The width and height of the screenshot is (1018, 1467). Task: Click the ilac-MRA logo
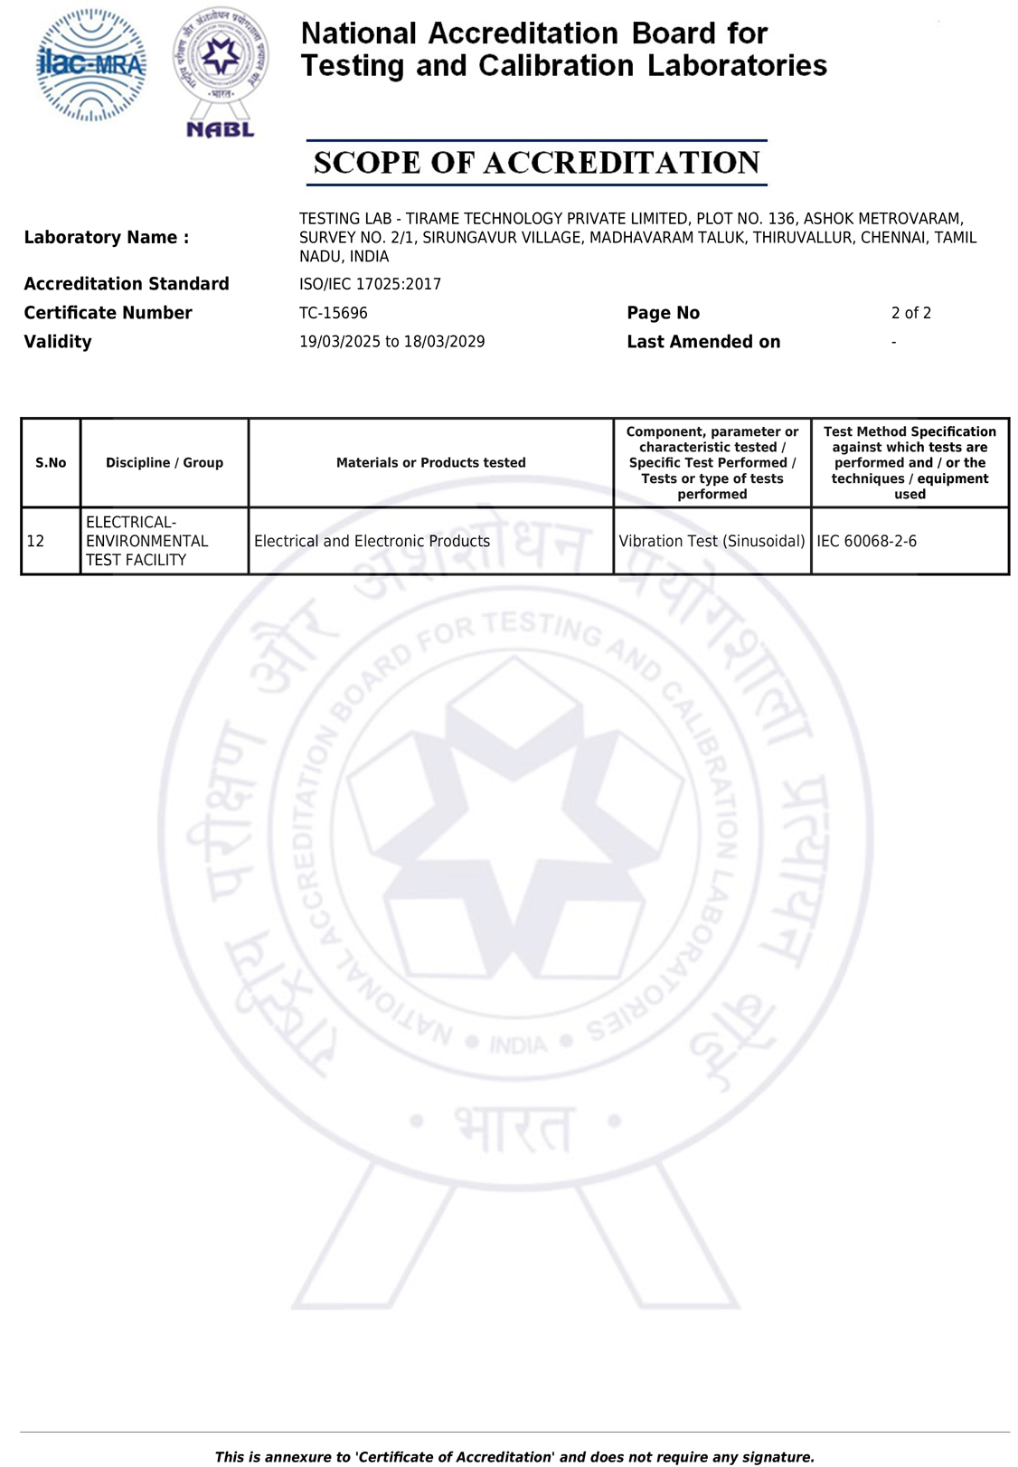[x=90, y=65]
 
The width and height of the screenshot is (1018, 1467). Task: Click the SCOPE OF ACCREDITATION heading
[x=536, y=163]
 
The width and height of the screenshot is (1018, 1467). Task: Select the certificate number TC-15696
[x=334, y=313]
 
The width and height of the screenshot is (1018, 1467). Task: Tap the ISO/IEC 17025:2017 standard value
[x=370, y=284]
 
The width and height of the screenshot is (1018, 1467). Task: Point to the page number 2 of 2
[x=910, y=313]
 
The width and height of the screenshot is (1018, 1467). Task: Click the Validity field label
[x=58, y=342]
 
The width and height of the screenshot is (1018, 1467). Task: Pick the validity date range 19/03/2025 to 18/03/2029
[x=391, y=342]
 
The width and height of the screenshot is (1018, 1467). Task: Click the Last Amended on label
[x=703, y=342]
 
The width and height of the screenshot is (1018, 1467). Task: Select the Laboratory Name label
[x=107, y=238]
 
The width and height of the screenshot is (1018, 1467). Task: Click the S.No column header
[x=51, y=463]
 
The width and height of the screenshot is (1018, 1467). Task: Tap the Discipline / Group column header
[x=165, y=463]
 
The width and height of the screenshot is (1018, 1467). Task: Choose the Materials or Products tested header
[x=430, y=463]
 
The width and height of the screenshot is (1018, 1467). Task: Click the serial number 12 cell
[x=36, y=541]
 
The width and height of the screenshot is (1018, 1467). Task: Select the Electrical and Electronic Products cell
[x=372, y=541]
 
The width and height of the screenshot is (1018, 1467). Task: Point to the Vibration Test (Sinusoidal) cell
[x=712, y=541]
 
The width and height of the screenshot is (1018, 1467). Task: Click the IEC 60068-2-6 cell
[x=866, y=541]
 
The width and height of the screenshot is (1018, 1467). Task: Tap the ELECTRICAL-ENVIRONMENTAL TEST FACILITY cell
[x=146, y=541]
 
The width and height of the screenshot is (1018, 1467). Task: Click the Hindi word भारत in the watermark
[x=514, y=1126]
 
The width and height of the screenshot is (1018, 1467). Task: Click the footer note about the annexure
[x=514, y=1457]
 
